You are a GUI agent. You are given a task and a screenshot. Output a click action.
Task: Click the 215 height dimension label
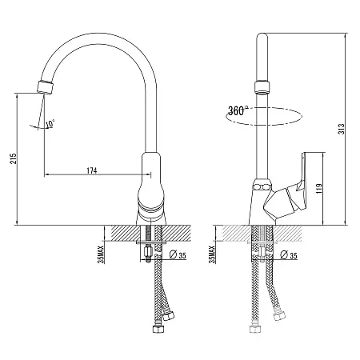13,158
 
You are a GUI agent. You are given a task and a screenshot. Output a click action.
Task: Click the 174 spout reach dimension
92,170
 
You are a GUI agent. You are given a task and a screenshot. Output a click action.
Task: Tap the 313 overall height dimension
342,129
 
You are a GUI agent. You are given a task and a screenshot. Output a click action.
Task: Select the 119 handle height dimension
319,188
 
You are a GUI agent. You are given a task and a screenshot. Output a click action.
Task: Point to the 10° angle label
50,123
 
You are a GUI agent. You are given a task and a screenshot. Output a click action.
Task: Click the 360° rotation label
237,110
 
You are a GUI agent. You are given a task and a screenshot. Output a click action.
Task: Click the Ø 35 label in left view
178,255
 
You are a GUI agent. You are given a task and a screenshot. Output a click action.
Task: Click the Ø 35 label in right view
289,255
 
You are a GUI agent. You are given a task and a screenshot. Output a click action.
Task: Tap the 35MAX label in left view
101,254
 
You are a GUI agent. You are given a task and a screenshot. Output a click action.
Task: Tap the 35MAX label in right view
212,254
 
